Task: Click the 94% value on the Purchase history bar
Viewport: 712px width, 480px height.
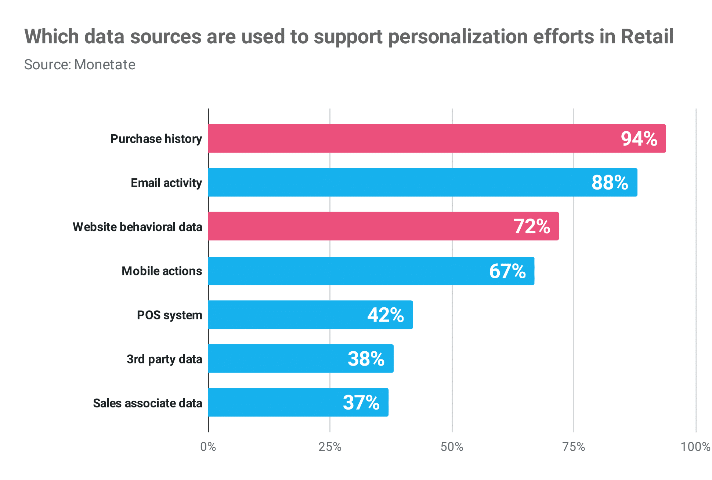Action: tap(639, 139)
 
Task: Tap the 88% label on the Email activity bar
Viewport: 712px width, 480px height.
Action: tap(610, 183)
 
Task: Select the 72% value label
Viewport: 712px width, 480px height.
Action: tap(532, 227)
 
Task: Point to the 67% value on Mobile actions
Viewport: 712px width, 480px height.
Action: tap(507, 271)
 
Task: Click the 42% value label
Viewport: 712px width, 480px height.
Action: tap(386, 315)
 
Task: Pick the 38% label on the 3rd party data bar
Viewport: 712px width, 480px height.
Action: tap(366, 359)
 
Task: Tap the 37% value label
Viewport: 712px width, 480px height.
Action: tap(361, 403)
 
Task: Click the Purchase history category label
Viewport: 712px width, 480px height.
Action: tap(156, 139)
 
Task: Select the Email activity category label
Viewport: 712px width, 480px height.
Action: tap(166, 183)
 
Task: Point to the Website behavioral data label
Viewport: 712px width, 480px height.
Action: tap(137, 227)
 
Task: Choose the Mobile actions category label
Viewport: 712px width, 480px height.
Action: tap(162, 271)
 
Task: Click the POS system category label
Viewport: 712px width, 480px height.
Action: tap(169, 315)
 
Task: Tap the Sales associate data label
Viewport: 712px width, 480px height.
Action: tap(147, 403)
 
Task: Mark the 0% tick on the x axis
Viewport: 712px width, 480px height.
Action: tap(208, 447)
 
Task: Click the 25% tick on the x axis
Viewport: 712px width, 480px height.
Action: tap(330, 447)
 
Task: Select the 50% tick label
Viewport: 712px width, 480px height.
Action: tap(452, 447)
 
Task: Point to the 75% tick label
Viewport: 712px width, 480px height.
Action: tap(574, 447)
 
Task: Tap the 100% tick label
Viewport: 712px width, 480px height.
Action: tap(695, 447)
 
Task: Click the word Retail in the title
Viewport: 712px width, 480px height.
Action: tap(647, 37)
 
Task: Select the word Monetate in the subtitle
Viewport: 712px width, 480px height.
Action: tap(105, 65)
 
